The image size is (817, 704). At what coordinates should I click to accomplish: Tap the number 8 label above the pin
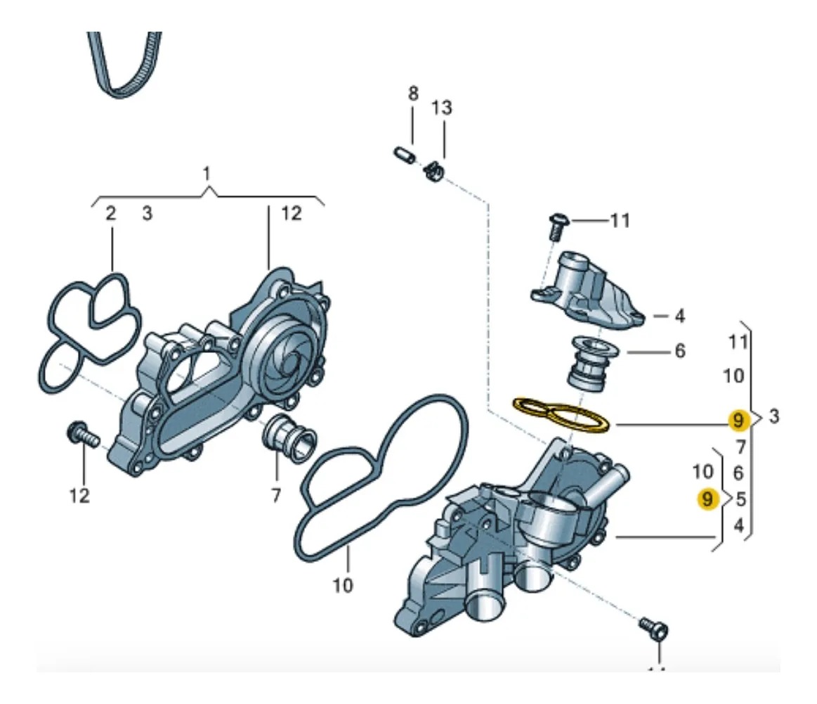tap(413, 94)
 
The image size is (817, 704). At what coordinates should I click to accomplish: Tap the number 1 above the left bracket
tap(207, 172)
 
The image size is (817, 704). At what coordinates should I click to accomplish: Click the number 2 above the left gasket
tap(111, 214)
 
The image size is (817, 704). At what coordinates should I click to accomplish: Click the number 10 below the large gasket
tap(343, 584)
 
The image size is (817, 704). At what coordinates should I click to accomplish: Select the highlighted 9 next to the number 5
tap(707, 499)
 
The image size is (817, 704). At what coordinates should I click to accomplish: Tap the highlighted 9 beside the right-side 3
tap(737, 420)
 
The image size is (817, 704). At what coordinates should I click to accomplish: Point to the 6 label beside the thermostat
tap(679, 350)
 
